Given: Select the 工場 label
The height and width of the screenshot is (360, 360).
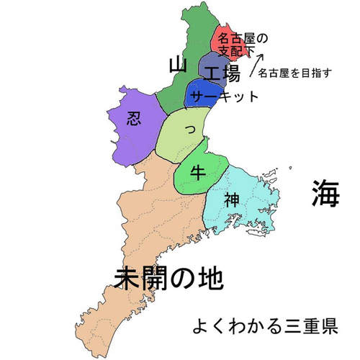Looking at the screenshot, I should point(221,73).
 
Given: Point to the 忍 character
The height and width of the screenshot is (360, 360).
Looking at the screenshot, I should point(134,118).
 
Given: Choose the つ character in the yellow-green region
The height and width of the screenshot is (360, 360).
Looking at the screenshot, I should point(189,130).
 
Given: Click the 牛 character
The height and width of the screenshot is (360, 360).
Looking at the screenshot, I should point(198,171).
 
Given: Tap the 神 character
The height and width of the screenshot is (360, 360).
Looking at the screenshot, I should point(231,199).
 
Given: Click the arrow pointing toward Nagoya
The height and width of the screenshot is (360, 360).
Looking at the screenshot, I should point(257,62).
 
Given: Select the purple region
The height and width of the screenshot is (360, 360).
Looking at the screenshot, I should point(130,137).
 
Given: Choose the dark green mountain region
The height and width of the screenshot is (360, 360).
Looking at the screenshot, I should point(187,43).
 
